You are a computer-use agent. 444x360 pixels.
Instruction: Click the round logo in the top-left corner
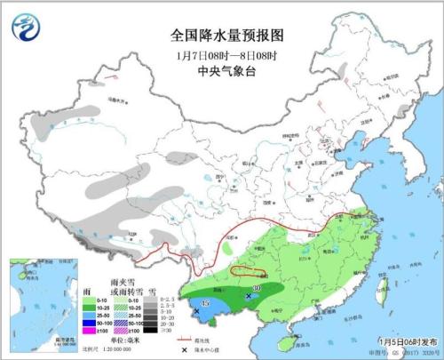[26, 28]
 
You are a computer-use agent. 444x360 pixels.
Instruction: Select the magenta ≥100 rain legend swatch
[88, 330]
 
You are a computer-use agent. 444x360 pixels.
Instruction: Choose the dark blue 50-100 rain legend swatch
[88, 321]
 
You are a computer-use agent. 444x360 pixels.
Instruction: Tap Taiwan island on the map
[379, 283]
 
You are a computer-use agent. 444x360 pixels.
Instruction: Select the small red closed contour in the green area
[251, 270]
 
